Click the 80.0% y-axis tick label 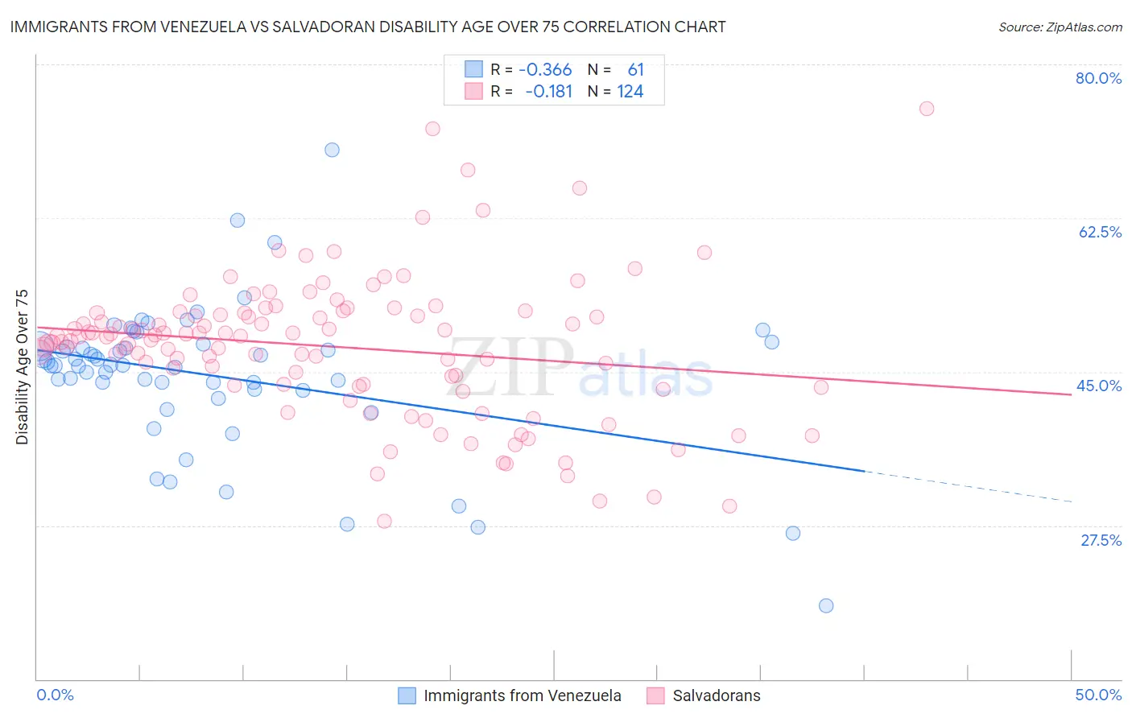pos(1098,78)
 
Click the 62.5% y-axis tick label pos(1100,232)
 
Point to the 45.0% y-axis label pos(1098,386)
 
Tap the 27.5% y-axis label pos(1101,540)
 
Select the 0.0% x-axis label pos(55,695)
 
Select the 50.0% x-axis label pos(1098,695)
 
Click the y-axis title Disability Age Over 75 pos(23,366)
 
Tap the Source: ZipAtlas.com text pos(1060,27)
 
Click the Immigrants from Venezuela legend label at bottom pos(522,695)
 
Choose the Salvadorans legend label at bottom pos(716,695)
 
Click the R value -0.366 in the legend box pos(545,70)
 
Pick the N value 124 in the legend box pos(630,92)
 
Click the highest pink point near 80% pos(927,109)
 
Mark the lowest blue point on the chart pos(826,605)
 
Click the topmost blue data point pos(332,150)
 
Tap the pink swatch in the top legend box pos(473,91)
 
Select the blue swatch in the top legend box pos(473,69)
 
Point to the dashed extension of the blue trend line pos(966,486)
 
